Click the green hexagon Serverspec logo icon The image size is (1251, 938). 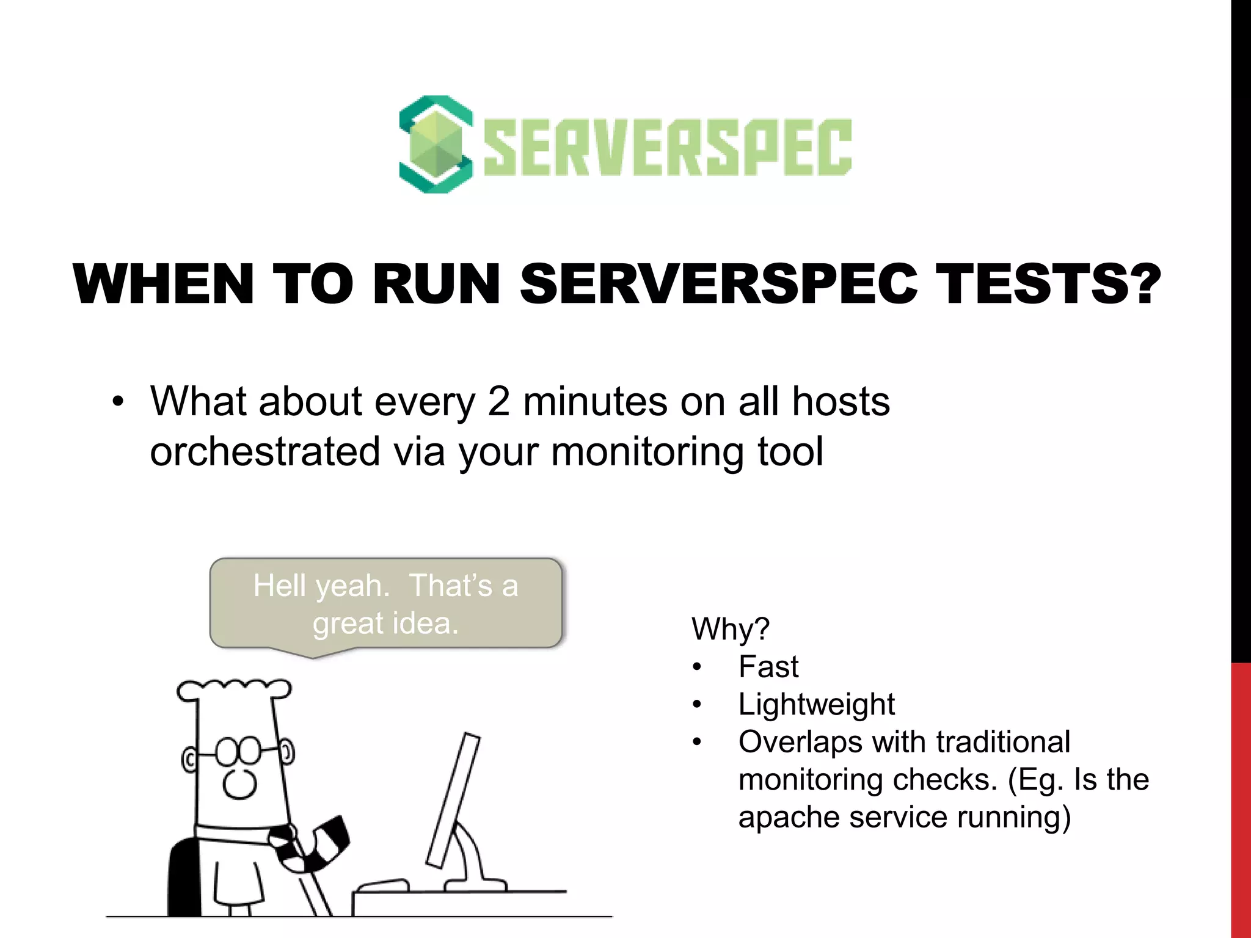point(436,145)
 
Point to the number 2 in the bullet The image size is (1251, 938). point(498,402)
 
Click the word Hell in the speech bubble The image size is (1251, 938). point(279,586)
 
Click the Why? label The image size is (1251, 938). point(731,629)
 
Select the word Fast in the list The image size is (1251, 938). point(768,667)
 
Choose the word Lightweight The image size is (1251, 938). point(816,705)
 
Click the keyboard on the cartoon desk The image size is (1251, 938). point(382,885)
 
